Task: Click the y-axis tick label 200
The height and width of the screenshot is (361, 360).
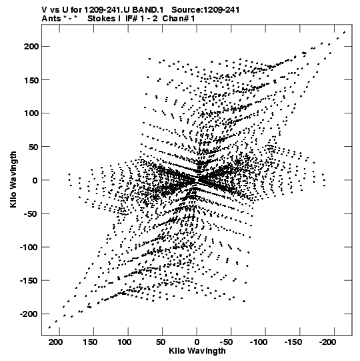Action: coord(31,46)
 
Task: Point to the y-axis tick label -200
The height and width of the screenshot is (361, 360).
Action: coord(28,314)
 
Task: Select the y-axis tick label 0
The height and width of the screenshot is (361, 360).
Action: coord(35,180)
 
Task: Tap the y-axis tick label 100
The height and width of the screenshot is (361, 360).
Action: coord(31,113)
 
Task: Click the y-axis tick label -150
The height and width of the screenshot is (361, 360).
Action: coord(28,280)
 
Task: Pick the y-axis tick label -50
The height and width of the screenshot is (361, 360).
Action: coord(31,214)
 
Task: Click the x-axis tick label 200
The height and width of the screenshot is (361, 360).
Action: coord(55,342)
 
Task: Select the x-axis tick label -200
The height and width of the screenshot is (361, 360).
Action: coord(327,342)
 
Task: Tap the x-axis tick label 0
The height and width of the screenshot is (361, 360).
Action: coord(197,342)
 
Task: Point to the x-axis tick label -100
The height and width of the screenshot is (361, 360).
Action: coord(259,342)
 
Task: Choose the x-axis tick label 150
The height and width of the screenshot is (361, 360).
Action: coord(90,342)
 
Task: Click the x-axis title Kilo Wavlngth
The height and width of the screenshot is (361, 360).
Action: coord(197,351)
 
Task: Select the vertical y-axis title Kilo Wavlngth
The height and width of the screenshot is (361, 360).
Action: coord(13,179)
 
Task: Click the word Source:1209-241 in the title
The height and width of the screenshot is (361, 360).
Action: coord(205,9)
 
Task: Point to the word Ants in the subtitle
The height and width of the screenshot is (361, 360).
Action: coord(51,18)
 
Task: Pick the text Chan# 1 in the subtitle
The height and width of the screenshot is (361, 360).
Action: coord(179,18)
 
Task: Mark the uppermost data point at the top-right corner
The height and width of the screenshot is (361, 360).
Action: coord(345,32)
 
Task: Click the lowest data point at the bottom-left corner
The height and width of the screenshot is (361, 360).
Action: coord(49,328)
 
